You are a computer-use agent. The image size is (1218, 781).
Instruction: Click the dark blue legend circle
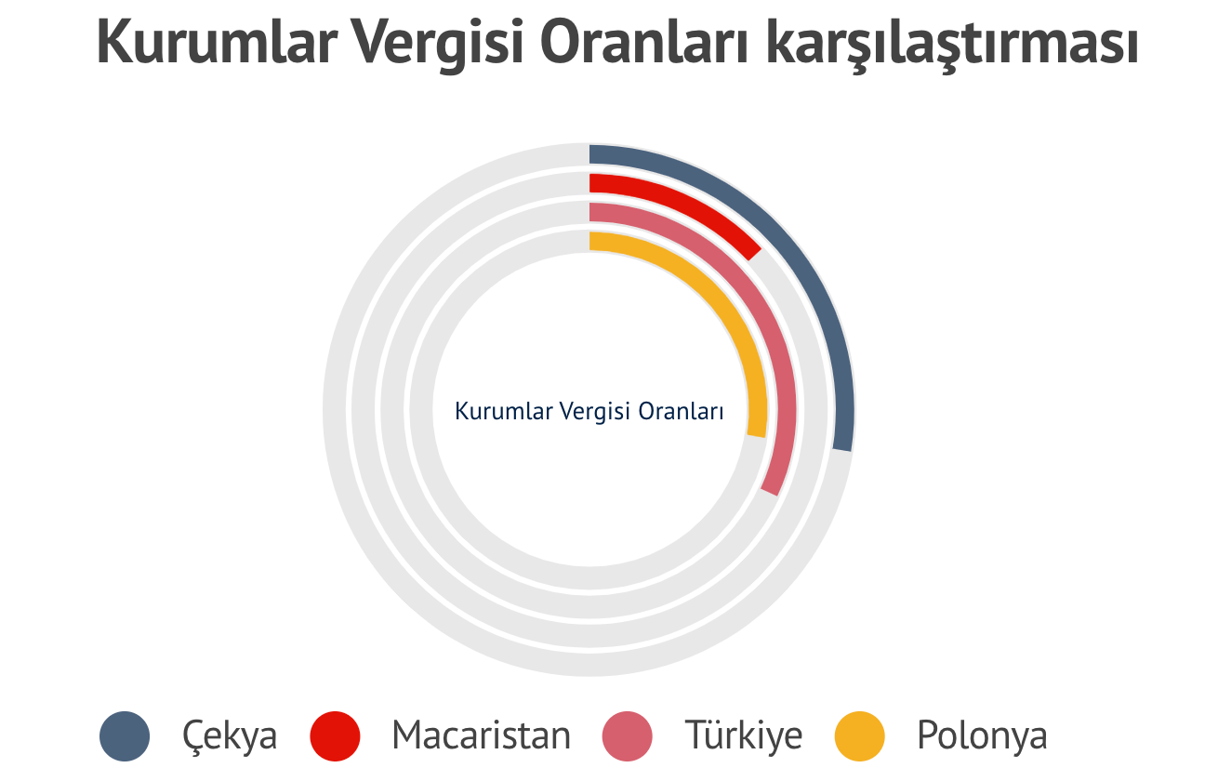[125, 735]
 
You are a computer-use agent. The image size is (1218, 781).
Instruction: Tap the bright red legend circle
[335, 735]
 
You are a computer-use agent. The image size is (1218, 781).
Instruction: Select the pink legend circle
[627, 735]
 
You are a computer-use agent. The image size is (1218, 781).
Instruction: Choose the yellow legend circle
[860, 735]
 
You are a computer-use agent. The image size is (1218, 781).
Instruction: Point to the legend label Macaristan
[482, 735]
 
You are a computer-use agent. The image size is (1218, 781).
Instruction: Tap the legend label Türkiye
[744, 735]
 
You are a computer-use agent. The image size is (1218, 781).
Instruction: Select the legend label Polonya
[982, 735]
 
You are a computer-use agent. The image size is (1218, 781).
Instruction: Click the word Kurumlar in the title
[218, 43]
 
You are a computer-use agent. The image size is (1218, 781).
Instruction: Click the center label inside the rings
[589, 411]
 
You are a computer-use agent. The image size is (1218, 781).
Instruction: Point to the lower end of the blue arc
[842, 450]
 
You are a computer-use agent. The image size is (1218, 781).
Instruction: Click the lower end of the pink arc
[770, 492]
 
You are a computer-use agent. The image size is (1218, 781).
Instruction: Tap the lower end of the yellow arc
[756, 436]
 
